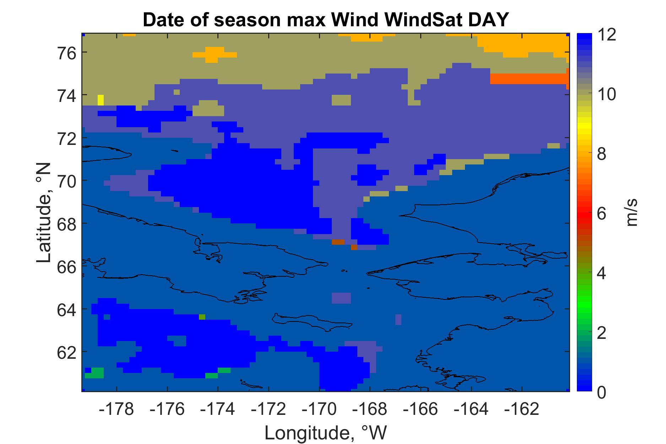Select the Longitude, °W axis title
coord(325,433)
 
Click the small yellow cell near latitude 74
coord(101,100)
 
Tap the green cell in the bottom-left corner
coord(94,373)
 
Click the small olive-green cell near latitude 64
coord(202,317)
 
